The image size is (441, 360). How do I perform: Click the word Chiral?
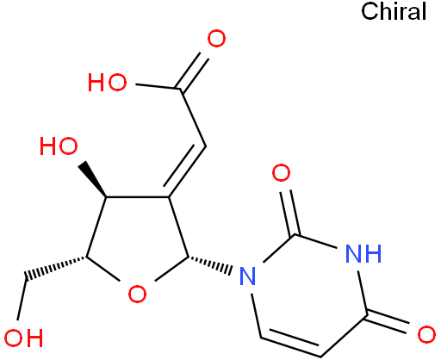pyautogui.click(x=394, y=11)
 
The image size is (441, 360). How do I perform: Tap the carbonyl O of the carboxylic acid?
pyautogui.click(x=216, y=39)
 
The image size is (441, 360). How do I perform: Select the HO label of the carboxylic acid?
pyautogui.click(x=107, y=83)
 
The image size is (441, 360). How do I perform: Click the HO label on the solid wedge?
pyautogui.click(x=59, y=146)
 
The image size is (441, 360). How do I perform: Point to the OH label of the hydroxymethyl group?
pyautogui.click(x=23, y=338)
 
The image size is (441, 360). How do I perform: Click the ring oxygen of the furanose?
pyautogui.click(x=137, y=294)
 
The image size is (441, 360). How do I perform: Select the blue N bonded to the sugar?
pyautogui.click(x=247, y=276)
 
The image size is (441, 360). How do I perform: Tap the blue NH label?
pyautogui.click(x=363, y=253)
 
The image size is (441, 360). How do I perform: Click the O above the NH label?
pyautogui.click(x=281, y=173)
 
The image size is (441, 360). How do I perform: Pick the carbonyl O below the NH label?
pyautogui.click(x=426, y=334)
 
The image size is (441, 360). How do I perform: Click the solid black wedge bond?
pyautogui.click(x=93, y=179)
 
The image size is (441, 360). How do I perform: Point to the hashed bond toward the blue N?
pyautogui.click(x=210, y=264)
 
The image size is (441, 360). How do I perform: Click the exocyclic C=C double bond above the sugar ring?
pyautogui.click(x=185, y=171)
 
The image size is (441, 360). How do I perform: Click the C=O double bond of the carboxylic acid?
pyautogui.click(x=192, y=71)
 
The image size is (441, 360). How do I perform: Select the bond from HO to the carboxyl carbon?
pyautogui.click(x=158, y=87)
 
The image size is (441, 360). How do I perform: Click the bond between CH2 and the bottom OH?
pyautogui.click(x=22, y=299)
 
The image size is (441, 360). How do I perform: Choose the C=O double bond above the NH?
pyautogui.click(x=290, y=213)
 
